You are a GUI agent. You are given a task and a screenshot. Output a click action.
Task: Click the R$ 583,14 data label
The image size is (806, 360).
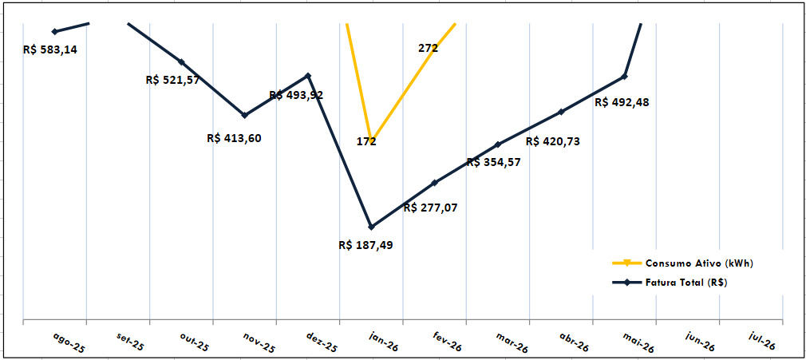click(50, 50)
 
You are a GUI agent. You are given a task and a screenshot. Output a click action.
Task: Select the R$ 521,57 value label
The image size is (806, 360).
click(172, 81)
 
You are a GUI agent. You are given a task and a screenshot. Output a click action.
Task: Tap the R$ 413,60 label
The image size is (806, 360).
click(234, 138)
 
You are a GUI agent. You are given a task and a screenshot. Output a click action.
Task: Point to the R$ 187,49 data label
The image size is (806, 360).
click(366, 245)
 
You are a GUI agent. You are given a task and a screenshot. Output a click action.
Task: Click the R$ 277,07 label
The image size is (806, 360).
click(430, 208)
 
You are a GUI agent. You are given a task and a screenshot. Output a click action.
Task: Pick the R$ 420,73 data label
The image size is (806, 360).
click(553, 141)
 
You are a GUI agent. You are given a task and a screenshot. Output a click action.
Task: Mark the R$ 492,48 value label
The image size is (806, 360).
click(622, 102)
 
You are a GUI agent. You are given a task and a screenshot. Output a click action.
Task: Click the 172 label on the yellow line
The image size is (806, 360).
click(366, 141)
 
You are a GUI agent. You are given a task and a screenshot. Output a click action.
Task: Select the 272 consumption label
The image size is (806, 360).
click(429, 49)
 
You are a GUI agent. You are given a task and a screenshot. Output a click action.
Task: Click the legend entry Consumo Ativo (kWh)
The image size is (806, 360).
click(683, 263)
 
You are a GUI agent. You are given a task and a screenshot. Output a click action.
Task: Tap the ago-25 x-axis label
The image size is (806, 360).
click(69, 342)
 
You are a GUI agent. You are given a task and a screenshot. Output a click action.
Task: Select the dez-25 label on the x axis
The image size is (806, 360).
click(322, 342)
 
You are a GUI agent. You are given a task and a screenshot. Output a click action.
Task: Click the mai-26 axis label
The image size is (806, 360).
click(638, 342)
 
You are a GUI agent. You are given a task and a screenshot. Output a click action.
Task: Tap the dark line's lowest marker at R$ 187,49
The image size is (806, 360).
click(372, 227)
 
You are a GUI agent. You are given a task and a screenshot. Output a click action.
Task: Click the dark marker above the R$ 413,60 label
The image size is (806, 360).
click(245, 115)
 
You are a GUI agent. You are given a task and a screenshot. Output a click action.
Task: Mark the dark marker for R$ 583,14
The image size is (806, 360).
click(54, 32)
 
